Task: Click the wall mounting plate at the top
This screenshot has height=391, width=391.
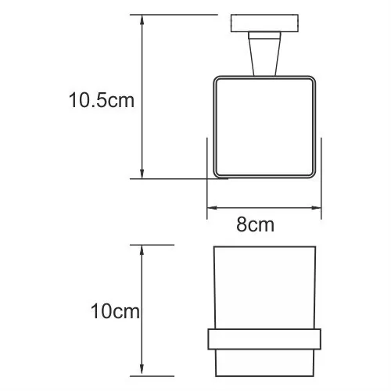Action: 264,24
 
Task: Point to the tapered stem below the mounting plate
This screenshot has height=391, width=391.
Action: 264,56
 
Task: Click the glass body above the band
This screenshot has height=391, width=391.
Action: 264,289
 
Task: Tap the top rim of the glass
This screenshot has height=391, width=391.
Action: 264,249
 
